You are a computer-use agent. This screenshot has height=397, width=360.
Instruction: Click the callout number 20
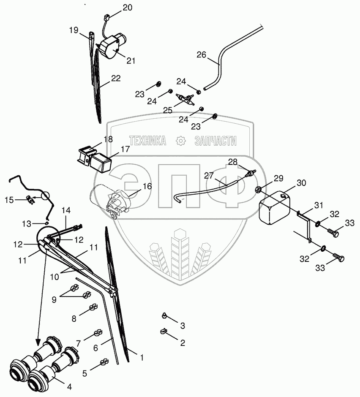(128, 8)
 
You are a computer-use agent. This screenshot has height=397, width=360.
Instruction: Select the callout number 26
(202, 54)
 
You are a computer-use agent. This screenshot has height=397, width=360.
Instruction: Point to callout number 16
(147, 186)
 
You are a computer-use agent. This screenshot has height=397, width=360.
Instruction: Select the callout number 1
(142, 358)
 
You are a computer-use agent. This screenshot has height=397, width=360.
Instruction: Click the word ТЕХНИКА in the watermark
(147, 141)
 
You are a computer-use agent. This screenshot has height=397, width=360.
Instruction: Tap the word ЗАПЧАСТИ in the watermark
(215, 141)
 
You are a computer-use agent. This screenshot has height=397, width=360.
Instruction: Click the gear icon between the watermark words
(180, 141)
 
